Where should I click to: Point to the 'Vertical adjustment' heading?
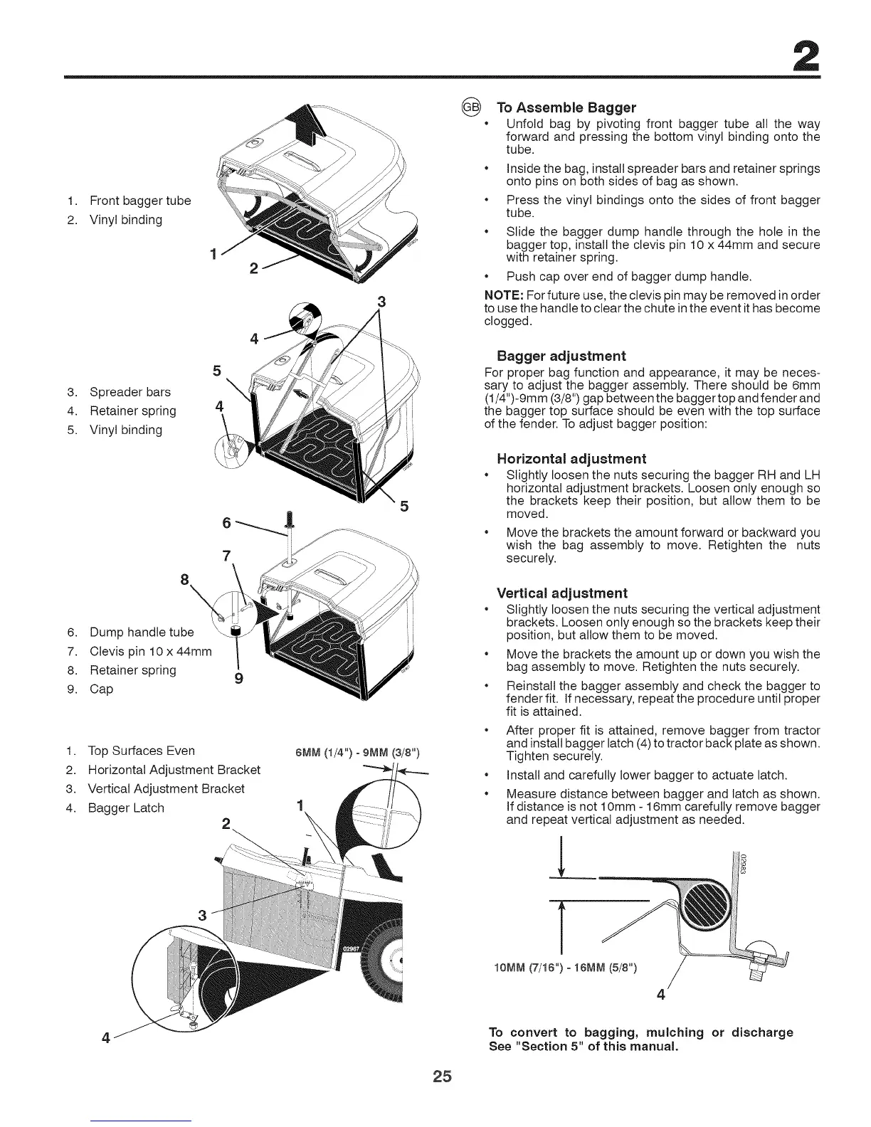coord(561,593)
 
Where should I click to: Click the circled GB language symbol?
coord(471,107)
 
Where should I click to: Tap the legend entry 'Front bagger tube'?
coord(139,201)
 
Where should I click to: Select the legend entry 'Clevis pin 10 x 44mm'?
coord(150,651)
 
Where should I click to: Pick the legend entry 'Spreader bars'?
coord(130,392)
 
